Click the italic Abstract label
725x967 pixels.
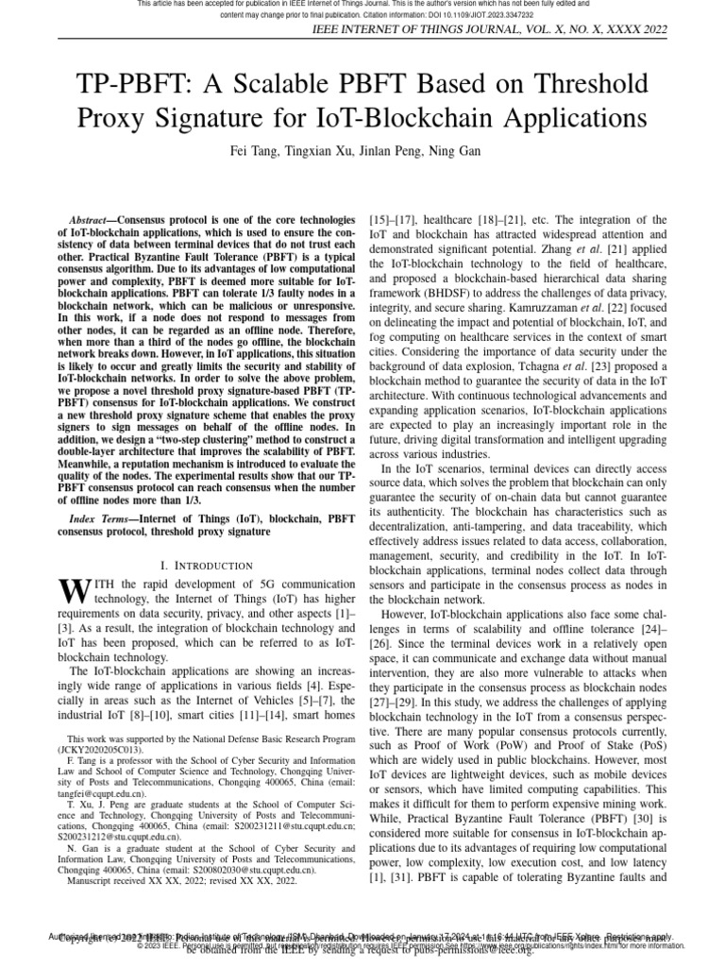click(x=95, y=218)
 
